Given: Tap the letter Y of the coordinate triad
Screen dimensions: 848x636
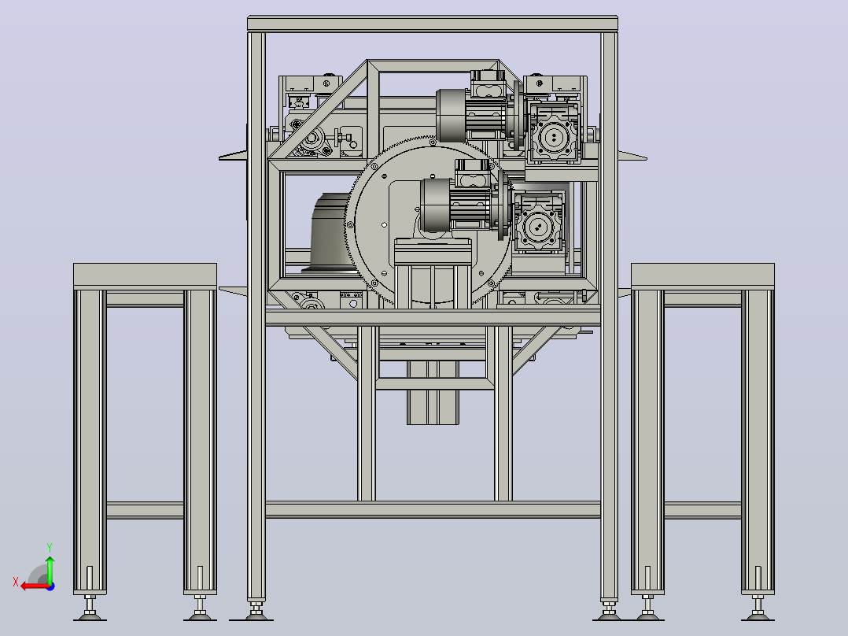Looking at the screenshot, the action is click(x=50, y=548).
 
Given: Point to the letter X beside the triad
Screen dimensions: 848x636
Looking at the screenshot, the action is click(x=16, y=582).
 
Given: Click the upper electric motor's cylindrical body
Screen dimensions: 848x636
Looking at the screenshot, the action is click(x=451, y=116).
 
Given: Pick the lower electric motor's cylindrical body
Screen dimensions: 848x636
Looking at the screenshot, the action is click(x=435, y=205).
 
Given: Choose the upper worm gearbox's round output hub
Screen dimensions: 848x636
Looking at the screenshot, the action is click(x=553, y=137).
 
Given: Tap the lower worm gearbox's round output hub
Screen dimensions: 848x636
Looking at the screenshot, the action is click(x=537, y=226).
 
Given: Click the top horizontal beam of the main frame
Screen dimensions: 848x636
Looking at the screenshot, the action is click(x=433, y=24).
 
